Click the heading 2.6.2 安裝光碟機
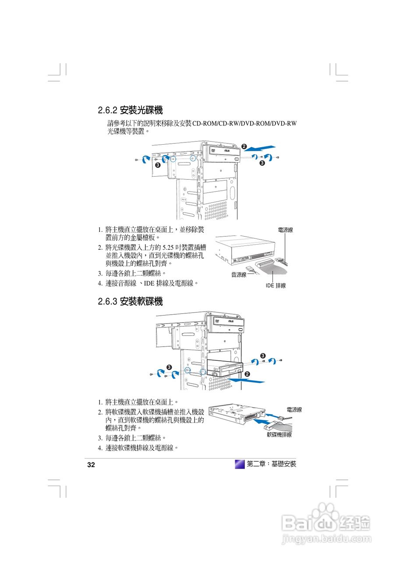click(x=130, y=110)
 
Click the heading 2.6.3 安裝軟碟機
click(x=130, y=302)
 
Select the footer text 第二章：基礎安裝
click(x=271, y=464)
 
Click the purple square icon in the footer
click(x=240, y=464)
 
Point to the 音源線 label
click(x=239, y=275)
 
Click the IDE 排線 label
click(x=276, y=286)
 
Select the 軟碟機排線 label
click(x=279, y=435)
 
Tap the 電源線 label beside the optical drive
click(x=285, y=230)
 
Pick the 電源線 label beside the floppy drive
click(x=294, y=410)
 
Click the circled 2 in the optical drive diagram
click(x=244, y=146)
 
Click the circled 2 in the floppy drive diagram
click(x=247, y=374)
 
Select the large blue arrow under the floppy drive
click(x=248, y=380)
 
